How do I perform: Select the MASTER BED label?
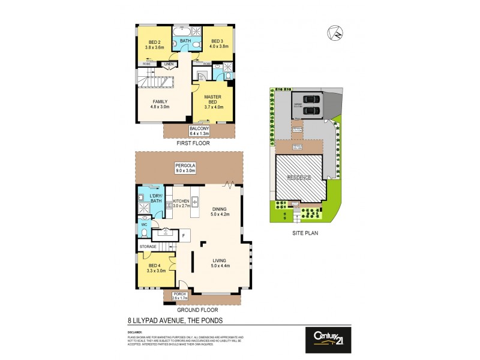pyautogui.click(x=213, y=97)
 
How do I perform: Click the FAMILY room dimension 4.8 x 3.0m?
pyautogui.click(x=160, y=107)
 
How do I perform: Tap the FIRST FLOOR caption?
pyautogui.click(x=193, y=144)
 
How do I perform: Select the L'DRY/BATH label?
pyautogui.click(x=156, y=199)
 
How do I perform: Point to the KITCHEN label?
pyautogui.click(x=181, y=201)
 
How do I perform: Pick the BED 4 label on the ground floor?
pyautogui.click(x=154, y=265)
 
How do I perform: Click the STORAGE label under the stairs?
pyautogui.click(x=148, y=247)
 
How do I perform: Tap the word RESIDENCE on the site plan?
pyautogui.click(x=298, y=178)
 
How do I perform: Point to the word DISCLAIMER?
pyautogui.click(x=134, y=331)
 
